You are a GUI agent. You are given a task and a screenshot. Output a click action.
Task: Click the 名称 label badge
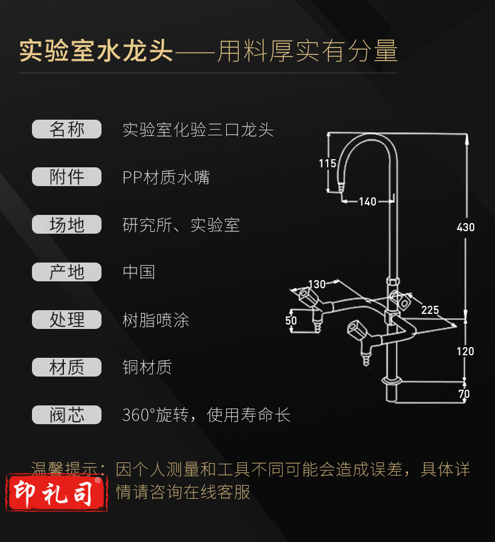66,129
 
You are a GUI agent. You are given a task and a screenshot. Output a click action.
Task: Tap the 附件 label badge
66,177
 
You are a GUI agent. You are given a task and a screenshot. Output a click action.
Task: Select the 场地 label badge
66,224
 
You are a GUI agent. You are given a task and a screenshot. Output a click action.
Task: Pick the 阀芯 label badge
66,415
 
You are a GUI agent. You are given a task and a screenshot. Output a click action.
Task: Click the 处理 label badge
66,320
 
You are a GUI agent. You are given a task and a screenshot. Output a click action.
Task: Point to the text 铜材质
147,367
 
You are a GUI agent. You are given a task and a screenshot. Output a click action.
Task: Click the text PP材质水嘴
166,177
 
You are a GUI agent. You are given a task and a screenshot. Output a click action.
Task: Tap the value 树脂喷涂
156,320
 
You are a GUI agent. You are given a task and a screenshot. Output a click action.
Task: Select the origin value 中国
139,272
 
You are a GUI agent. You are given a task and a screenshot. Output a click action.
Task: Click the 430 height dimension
466,227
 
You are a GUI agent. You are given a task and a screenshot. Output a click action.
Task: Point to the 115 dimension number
327,163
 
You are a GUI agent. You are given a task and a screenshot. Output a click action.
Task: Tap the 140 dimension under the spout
367,202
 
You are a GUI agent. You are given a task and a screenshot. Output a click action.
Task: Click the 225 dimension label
430,310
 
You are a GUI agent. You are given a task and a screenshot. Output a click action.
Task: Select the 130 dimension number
316,284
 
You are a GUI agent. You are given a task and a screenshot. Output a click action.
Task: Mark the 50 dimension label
291,321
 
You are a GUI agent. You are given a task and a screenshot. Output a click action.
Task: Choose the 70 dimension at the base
464,393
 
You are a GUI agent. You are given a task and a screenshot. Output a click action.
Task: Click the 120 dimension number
466,352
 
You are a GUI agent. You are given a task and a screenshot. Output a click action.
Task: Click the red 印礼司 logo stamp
56,493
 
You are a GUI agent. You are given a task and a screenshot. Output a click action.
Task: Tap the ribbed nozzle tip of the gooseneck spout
341,187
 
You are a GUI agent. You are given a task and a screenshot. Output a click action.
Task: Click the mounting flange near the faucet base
392,382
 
